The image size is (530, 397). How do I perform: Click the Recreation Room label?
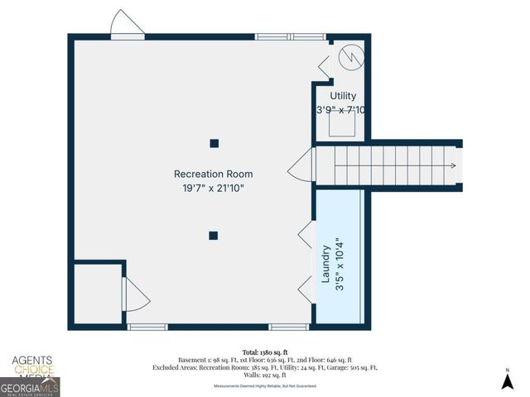point(213,174)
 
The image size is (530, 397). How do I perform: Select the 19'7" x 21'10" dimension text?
point(213,189)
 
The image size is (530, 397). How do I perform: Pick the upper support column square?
point(214,143)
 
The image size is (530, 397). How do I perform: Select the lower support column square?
point(213,235)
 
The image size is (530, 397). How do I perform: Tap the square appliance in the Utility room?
point(343,125)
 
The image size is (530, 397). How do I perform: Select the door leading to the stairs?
point(301,170)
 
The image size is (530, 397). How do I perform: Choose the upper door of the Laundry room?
point(306,234)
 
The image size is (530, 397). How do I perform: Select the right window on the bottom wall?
point(289,327)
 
